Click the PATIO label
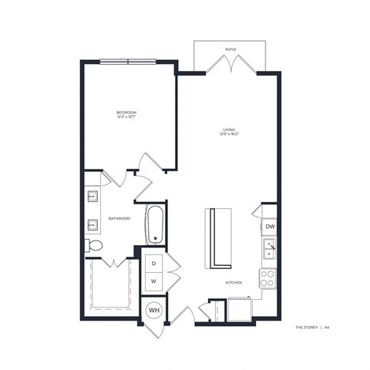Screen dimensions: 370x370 (x=230, y=49)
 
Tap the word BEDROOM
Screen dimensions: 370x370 (x=126, y=113)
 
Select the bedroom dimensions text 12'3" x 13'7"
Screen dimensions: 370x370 (x=126, y=118)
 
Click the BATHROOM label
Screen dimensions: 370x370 (x=119, y=218)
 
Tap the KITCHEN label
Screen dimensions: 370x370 (x=234, y=282)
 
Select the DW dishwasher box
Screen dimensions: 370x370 (x=269, y=227)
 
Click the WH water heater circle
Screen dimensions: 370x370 (x=153, y=310)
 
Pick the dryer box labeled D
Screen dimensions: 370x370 (x=153, y=263)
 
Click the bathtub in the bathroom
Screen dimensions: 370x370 (x=154, y=224)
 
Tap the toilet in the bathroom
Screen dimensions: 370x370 (x=93, y=246)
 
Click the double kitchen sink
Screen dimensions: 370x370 (x=268, y=250)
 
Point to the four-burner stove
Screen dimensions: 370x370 (x=267, y=278)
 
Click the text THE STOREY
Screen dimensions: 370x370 (x=308, y=328)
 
